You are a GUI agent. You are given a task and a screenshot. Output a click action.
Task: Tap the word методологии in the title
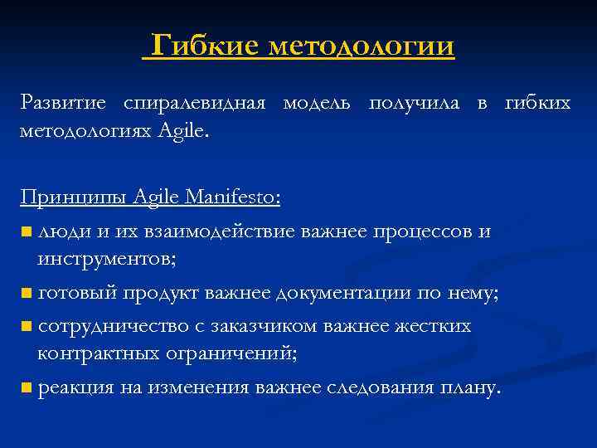(x=362, y=45)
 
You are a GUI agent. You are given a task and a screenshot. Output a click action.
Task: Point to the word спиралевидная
(x=195, y=105)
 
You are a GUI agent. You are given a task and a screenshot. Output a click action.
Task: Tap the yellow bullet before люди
(x=27, y=231)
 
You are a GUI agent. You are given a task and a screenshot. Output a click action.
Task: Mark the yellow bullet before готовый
(x=27, y=292)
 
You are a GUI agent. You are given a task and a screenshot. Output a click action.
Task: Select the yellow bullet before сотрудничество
(x=27, y=325)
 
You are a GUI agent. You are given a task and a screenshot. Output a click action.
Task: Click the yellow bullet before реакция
(x=27, y=387)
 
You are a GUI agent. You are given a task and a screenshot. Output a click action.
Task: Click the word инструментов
(x=105, y=260)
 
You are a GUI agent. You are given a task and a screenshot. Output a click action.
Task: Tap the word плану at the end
(x=471, y=387)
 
